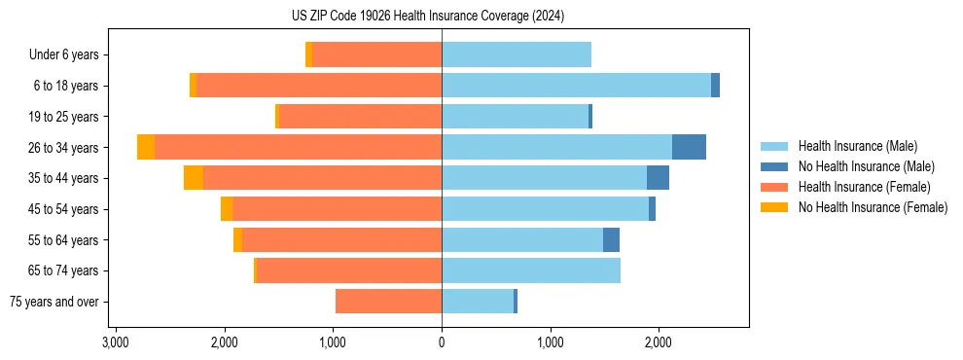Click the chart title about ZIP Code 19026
click(442, 17)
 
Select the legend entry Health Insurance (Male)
click(856, 146)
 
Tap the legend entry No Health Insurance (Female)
click(873, 207)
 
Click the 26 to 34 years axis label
click(63, 148)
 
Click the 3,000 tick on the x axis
click(116, 342)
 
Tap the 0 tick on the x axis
click(442, 342)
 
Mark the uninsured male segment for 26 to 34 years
click(689, 147)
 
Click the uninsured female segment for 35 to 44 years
click(194, 178)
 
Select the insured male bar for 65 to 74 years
click(531, 270)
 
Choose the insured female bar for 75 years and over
click(389, 302)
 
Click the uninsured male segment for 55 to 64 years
click(611, 239)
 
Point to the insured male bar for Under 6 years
click(517, 55)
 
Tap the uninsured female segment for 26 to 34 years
click(146, 147)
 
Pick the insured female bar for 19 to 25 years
click(361, 117)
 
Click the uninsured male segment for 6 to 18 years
click(715, 86)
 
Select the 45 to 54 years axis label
click(63, 209)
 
